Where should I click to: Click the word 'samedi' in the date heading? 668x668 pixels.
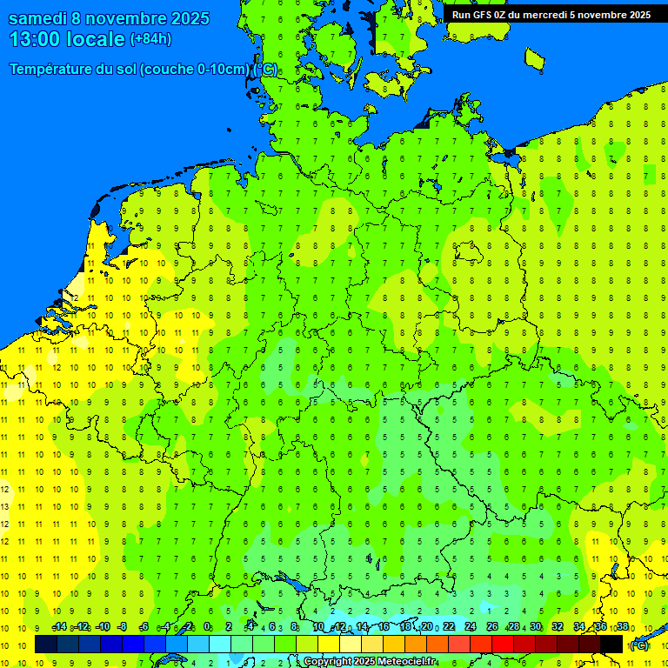coord(38,18)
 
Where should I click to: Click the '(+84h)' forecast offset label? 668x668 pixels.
coord(150,39)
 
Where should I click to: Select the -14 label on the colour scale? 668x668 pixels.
coord(59,627)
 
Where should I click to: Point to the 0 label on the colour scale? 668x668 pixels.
coord(207,627)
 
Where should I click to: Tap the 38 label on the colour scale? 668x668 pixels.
coord(623,627)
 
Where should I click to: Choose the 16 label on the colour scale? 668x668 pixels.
coord(383,627)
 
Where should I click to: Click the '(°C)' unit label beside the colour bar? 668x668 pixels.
coord(639,645)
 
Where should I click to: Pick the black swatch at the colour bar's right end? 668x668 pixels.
coord(611,644)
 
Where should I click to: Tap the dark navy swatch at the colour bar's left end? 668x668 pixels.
coord(46,644)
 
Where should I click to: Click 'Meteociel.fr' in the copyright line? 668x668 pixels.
coord(407,662)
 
